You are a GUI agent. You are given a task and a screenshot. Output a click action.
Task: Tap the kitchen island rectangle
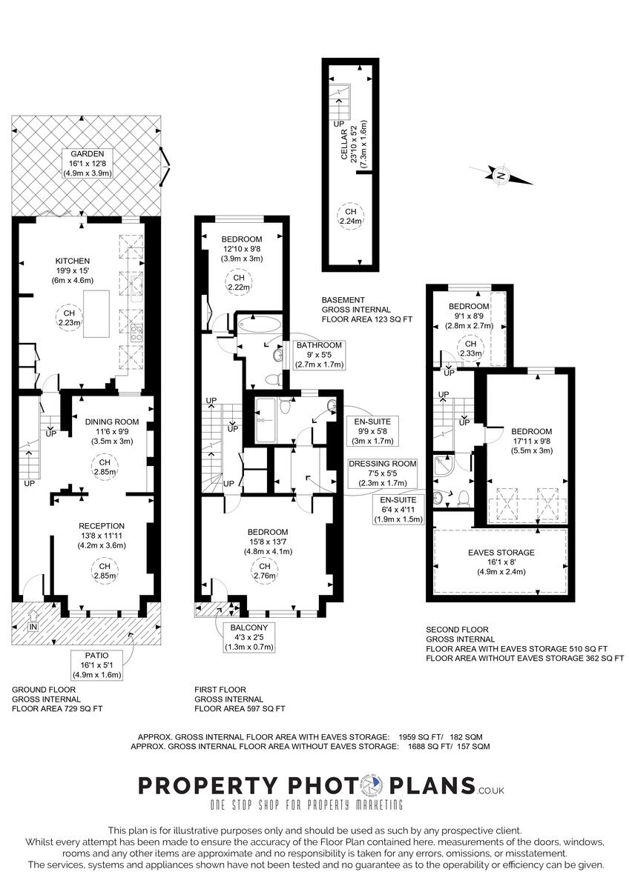tap(96, 314)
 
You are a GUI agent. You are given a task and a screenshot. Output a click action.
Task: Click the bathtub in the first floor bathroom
tap(260, 324)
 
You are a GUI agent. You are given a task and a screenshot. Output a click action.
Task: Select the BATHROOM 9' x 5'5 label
tap(319, 354)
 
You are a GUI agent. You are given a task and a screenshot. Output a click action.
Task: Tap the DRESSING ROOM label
tap(382, 473)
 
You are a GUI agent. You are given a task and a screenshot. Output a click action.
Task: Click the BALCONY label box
tap(248, 637)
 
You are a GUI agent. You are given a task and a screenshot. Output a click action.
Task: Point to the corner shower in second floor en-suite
tap(446, 467)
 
